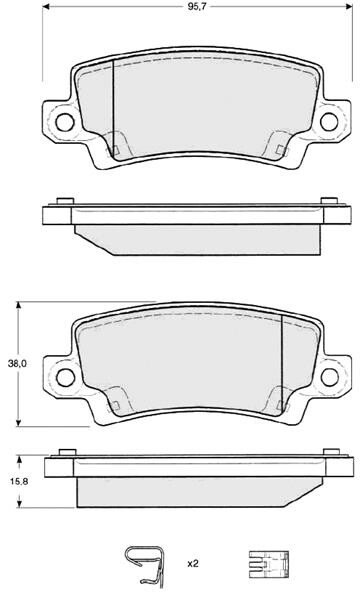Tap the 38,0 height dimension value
click(17, 364)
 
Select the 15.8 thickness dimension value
click(19, 482)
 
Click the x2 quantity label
click(193, 563)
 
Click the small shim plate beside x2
click(269, 564)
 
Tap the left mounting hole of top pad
click(64, 122)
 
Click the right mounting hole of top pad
click(329, 122)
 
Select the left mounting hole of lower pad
click(65, 378)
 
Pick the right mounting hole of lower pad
click(330, 378)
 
